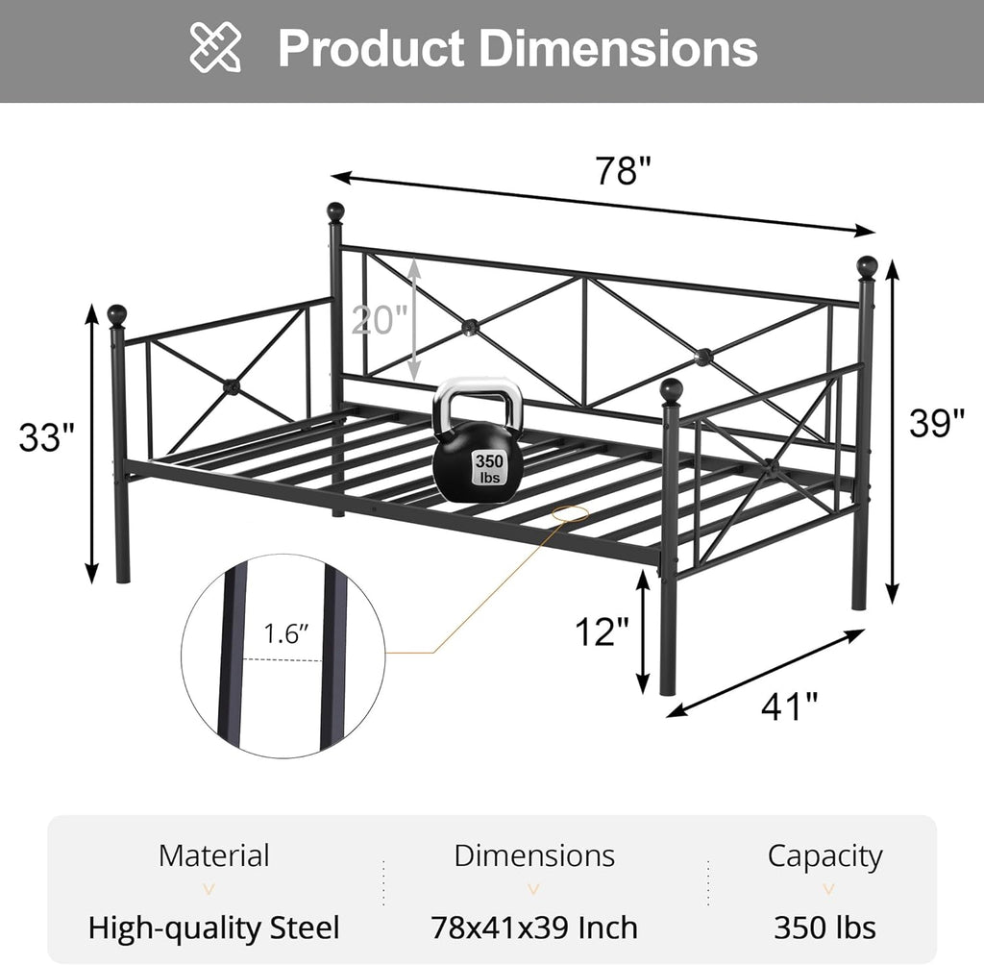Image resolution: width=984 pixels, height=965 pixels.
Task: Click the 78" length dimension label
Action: coord(623,170)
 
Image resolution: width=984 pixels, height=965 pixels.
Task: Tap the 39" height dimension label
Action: coord(937,423)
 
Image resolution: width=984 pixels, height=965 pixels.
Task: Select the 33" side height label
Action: coord(46,437)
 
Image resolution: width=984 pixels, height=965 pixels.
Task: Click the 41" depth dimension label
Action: coord(790,707)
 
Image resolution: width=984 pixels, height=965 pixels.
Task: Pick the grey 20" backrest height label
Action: coord(379,319)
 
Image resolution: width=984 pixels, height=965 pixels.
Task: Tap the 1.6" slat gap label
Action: coord(286,634)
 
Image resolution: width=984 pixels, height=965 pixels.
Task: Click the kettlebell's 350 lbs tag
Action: coord(489,468)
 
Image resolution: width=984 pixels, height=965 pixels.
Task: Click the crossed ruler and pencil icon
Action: coord(215,47)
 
